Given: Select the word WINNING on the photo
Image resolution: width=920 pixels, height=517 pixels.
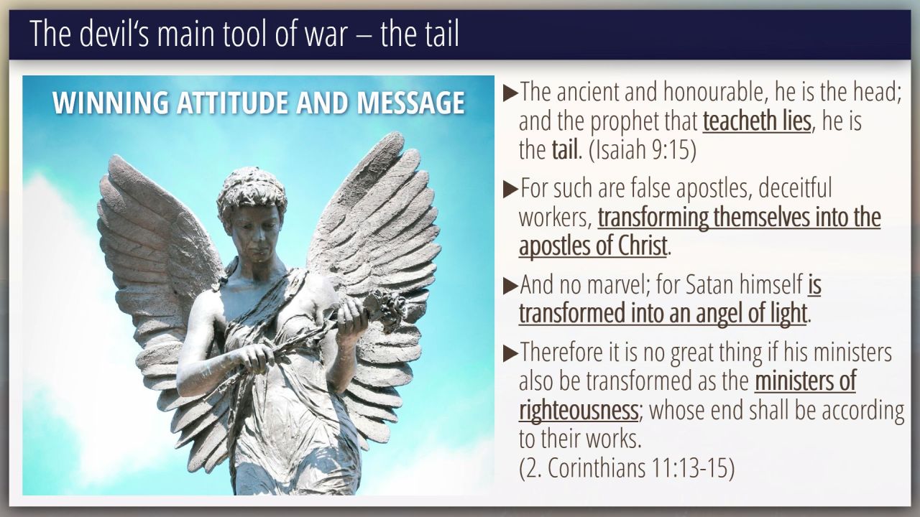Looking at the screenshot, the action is tap(110, 103).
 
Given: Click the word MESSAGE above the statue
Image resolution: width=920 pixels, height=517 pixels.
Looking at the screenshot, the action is tap(410, 103).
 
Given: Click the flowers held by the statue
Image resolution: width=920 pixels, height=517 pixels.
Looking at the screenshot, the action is tap(385, 309).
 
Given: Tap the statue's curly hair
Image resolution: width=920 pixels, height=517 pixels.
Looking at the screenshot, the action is tap(252, 190).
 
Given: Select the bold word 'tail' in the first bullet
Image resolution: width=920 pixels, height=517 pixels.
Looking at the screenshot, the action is tap(565, 150).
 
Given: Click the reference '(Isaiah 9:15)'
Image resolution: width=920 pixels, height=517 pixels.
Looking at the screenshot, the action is tap(643, 150).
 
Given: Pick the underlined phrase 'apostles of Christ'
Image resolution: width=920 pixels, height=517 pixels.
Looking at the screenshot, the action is tap(593, 246).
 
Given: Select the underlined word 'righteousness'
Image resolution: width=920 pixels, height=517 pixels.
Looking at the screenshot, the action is tap(579, 410).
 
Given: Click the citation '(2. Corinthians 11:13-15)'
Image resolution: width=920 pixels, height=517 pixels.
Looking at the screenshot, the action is tap(627, 467).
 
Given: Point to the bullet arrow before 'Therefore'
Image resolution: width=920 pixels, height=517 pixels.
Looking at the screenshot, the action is tap(510, 353).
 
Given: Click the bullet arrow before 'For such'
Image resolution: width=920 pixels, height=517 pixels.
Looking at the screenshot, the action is tap(510, 189).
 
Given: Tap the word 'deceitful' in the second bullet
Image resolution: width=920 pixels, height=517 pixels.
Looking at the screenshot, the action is tap(795, 188).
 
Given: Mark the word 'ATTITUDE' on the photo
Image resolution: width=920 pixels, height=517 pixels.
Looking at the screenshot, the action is tap(232, 103).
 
